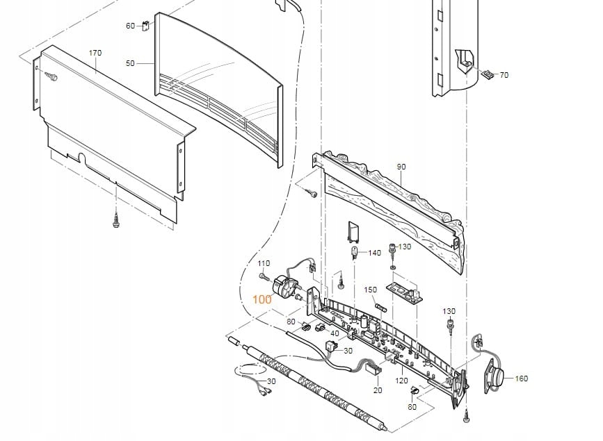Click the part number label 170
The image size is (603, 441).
click(95, 53)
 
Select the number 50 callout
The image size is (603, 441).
click(130, 63)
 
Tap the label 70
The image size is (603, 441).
click(504, 75)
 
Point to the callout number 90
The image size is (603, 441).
click(401, 167)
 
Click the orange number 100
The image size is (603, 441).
click(262, 300)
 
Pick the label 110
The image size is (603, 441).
click(264, 264)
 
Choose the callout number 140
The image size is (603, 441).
click(375, 253)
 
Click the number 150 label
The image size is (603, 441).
click(371, 290)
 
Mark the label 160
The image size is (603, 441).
click(521, 378)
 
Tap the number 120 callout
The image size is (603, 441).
click(402, 381)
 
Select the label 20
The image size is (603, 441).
click(378, 390)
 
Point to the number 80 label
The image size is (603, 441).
click(412, 407)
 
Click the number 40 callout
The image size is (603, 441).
click(335, 333)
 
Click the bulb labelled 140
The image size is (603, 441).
click(355, 251)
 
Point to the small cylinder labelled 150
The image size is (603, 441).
click(380, 306)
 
